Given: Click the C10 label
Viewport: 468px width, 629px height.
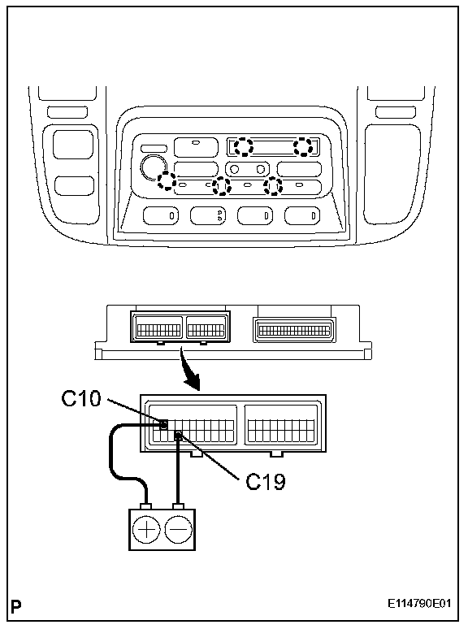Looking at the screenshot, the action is [x=81, y=398].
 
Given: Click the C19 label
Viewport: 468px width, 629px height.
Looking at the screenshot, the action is [x=266, y=481].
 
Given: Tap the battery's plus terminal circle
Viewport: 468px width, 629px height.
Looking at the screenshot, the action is [x=146, y=530].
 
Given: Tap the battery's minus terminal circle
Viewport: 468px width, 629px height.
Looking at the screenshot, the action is [x=179, y=530].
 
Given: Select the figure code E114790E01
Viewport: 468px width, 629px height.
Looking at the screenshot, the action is [x=419, y=604].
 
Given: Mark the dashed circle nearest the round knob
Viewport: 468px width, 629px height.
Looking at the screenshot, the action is [x=167, y=180].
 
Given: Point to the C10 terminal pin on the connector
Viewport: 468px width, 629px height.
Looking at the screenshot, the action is [x=163, y=425].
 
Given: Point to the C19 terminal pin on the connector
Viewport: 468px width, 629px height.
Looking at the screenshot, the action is [x=179, y=436].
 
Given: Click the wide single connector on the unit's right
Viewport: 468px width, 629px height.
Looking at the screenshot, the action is [x=294, y=331].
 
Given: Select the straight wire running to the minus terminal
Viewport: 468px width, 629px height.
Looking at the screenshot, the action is [x=179, y=471].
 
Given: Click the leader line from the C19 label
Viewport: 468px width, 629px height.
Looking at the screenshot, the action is [x=210, y=457].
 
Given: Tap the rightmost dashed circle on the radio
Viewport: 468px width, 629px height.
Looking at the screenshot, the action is [x=303, y=146].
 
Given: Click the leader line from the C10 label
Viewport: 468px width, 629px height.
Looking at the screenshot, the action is [x=134, y=410].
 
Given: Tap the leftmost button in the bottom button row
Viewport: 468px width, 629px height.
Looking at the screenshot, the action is [x=161, y=215].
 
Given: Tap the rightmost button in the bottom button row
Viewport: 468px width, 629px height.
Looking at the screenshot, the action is [x=302, y=215].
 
